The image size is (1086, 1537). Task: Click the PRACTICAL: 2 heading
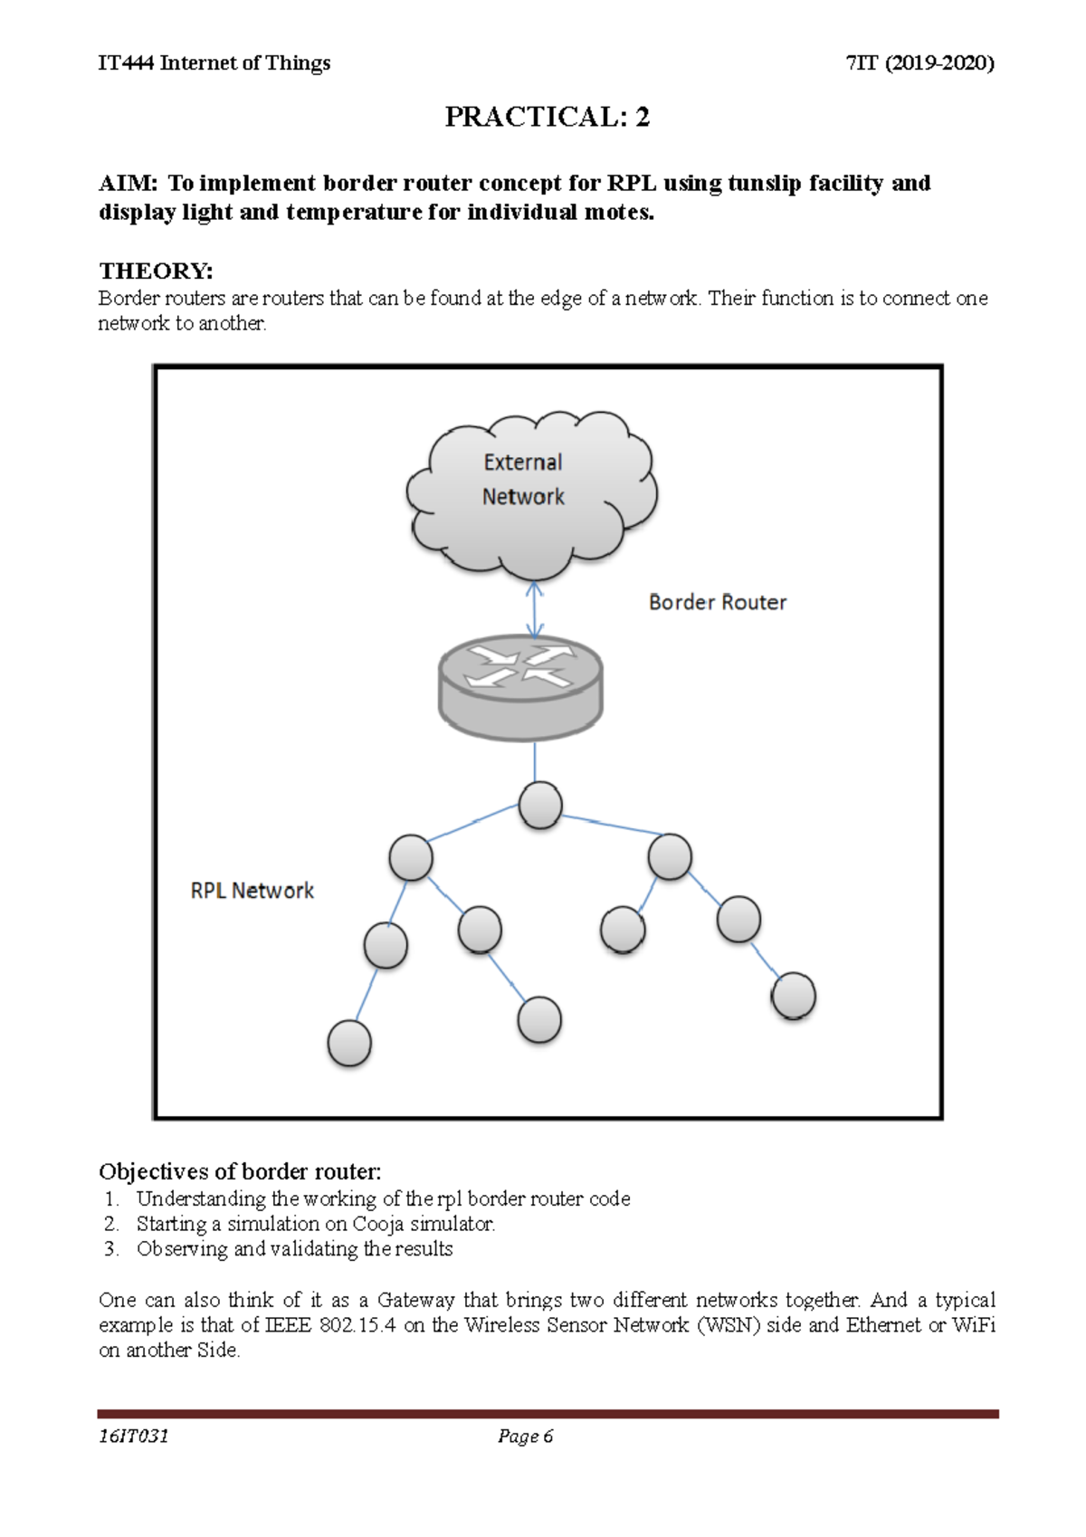tap(547, 117)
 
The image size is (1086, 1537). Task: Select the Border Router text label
tap(717, 602)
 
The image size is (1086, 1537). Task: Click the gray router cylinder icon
tap(520, 688)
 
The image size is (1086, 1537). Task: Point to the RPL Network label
tap(252, 891)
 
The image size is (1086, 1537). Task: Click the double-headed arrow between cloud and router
tap(535, 610)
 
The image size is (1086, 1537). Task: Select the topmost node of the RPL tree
tap(540, 806)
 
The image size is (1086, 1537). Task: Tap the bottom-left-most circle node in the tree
tap(349, 1043)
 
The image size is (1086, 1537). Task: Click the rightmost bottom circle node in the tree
tap(794, 996)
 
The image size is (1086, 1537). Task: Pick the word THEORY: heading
tap(156, 271)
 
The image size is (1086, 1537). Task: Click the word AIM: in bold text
tap(128, 184)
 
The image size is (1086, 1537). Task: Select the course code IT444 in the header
tap(126, 62)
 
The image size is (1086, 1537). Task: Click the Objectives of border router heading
tap(240, 1171)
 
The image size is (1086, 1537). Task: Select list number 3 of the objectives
tap(110, 1249)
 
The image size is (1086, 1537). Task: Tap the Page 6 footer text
tap(525, 1437)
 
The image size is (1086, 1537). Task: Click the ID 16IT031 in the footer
tap(134, 1437)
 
